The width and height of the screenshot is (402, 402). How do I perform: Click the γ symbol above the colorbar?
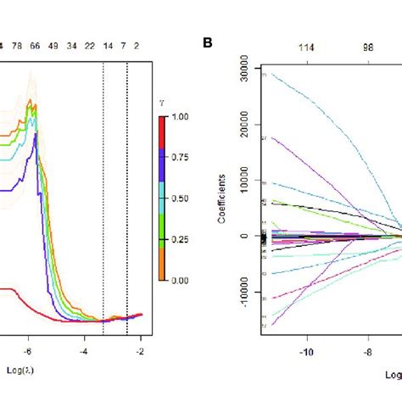[x=172, y=103]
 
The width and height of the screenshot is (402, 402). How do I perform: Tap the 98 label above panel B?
[x=369, y=47]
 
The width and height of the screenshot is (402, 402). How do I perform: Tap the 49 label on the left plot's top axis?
[x=54, y=47]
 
